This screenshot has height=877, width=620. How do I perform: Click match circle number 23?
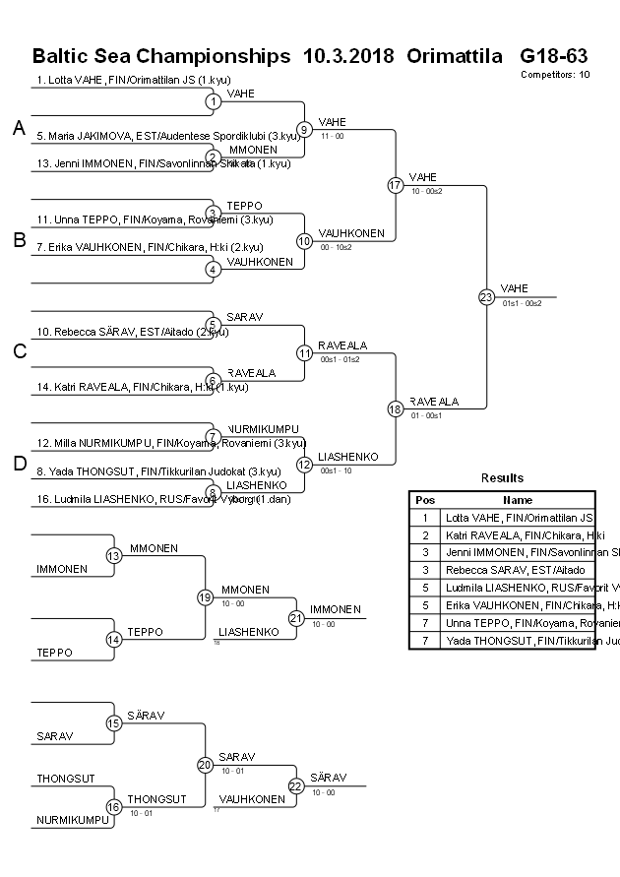[x=486, y=296]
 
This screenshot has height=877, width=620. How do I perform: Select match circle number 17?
[x=396, y=185]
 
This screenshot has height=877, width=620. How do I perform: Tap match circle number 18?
[x=396, y=409]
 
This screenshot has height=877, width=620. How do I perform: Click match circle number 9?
[x=305, y=129]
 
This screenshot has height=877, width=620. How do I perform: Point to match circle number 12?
[x=305, y=464]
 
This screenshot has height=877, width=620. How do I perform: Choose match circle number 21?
[x=296, y=617]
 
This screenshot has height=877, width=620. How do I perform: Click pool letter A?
[x=19, y=128]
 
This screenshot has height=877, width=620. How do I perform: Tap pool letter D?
[x=19, y=464]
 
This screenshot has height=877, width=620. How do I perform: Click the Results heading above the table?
[x=502, y=478]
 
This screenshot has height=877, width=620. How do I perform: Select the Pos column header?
[x=425, y=500]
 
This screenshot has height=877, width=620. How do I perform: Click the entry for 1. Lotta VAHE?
[x=133, y=80]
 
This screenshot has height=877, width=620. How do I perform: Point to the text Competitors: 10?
[x=555, y=74]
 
